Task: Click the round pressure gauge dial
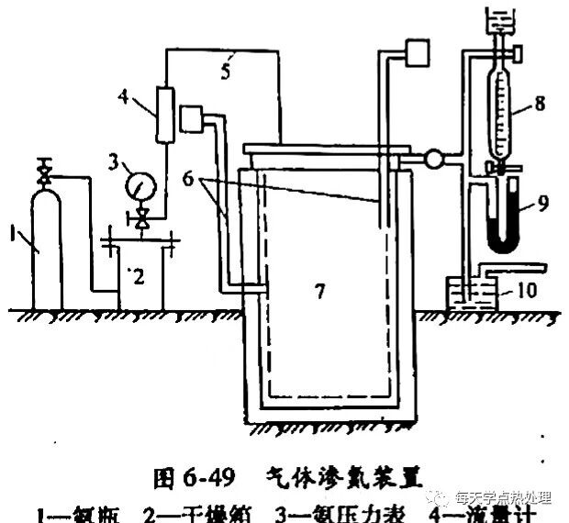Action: [x=140, y=186]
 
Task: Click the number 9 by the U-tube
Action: [x=544, y=201]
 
